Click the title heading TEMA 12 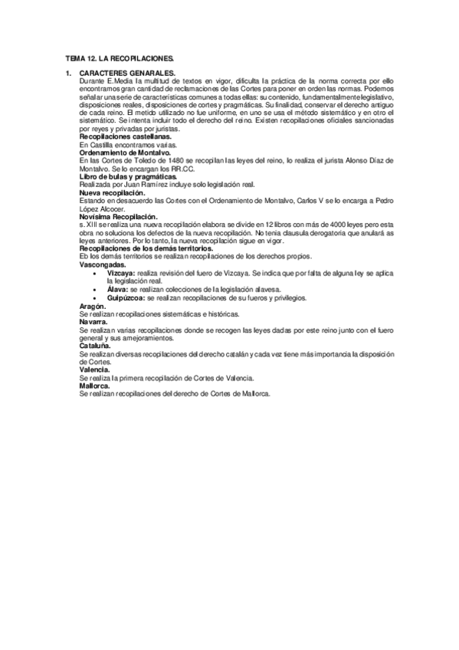pos(120,57)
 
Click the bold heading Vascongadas pos(103,263)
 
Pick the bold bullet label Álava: pos(120,289)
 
